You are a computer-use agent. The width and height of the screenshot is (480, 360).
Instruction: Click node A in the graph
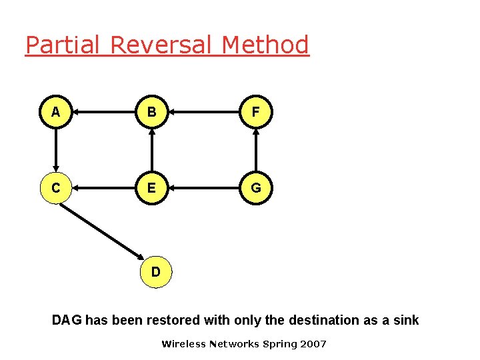pyautogui.click(x=56, y=113)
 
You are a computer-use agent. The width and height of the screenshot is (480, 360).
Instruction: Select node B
pyautogui.click(x=152, y=113)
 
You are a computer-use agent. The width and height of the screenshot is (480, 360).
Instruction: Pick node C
pyautogui.click(x=56, y=189)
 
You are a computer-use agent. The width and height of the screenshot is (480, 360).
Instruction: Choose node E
pyautogui.click(x=152, y=189)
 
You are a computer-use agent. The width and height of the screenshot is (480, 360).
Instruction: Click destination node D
pyautogui.click(x=156, y=272)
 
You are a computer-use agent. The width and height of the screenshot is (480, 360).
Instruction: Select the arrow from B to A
pyautogui.click(x=104, y=113)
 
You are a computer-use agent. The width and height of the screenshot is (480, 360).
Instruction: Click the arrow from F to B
pyautogui.click(x=204, y=113)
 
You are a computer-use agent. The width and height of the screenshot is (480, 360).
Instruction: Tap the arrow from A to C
pyautogui.click(x=56, y=151)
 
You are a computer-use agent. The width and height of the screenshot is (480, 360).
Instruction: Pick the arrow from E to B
pyautogui.click(x=152, y=151)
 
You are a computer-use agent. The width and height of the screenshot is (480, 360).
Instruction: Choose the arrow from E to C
pyautogui.click(x=104, y=189)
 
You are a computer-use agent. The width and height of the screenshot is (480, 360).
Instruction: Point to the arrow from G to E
pyautogui.click(x=204, y=189)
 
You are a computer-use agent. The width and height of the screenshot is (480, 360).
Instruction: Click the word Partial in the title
pyautogui.click(x=63, y=45)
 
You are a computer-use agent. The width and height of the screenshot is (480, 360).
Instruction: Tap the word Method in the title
pyautogui.click(x=265, y=45)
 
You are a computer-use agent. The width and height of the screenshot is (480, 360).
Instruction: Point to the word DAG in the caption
pyautogui.click(x=67, y=320)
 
